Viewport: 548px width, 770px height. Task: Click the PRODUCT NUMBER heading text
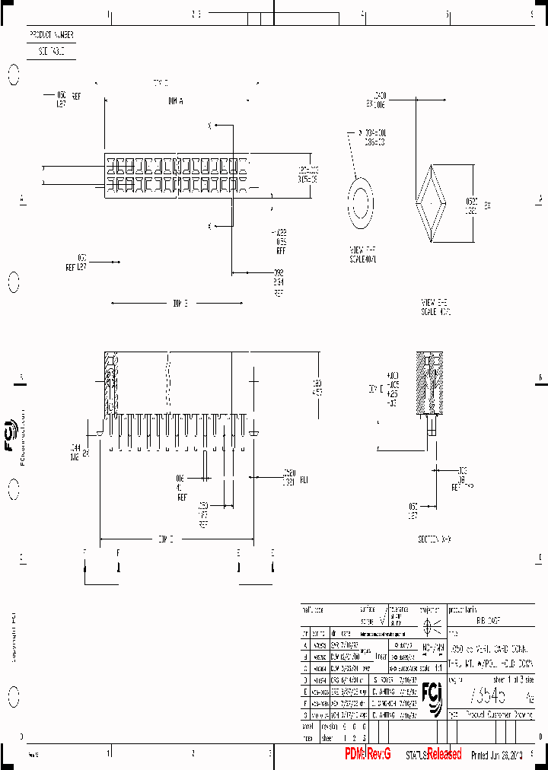tap(51, 35)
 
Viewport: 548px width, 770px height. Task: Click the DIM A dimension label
tap(176, 100)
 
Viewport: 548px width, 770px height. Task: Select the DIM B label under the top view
tap(180, 304)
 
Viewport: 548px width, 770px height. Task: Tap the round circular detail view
tap(361, 203)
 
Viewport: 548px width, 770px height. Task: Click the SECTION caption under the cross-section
tap(435, 539)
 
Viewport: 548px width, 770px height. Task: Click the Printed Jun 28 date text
tap(497, 755)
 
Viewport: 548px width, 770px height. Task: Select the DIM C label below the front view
tap(166, 539)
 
